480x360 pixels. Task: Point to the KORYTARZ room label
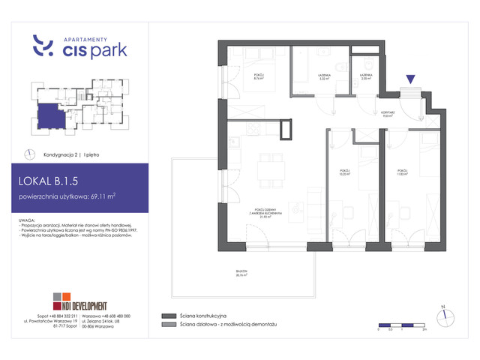(388, 115)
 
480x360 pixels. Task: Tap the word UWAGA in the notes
(31, 219)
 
